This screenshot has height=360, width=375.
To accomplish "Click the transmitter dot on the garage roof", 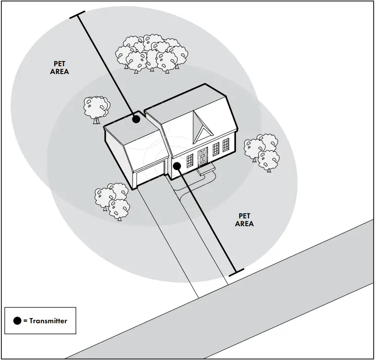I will pos(136,120).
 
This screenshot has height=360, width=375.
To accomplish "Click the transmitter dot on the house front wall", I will pos(177,165).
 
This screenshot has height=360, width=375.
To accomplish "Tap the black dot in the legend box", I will pos(17,320).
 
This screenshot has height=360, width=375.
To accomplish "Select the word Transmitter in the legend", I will pos(48,321).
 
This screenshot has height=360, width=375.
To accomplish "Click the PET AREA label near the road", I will pos(244,220).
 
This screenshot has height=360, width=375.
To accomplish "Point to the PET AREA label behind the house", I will pos(59,68).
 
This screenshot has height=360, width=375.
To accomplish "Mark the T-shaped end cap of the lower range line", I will pos(236,271).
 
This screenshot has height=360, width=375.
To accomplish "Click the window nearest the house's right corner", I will pos(225,145).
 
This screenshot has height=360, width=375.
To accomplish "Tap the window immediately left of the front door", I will pos(190,161).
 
